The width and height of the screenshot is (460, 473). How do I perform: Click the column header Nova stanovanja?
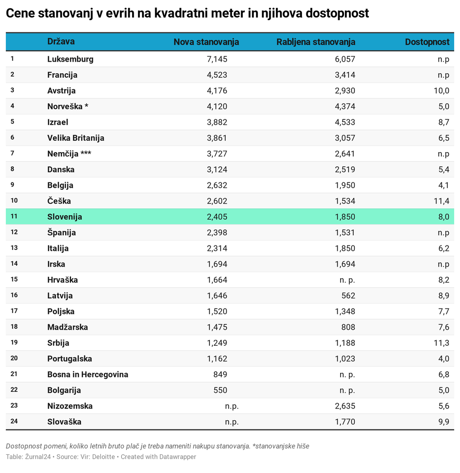click(206, 42)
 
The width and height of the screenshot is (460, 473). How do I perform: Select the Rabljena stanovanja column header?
click(316, 42)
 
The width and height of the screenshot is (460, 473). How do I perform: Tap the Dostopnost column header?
click(427, 42)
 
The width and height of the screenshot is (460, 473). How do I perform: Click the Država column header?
click(61, 42)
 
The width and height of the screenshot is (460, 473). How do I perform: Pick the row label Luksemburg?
click(70, 59)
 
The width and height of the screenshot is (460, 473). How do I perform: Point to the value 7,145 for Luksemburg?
click(217, 59)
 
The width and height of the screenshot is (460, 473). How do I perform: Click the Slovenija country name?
click(65, 217)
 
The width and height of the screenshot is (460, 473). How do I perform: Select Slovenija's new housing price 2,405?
click(217, 217)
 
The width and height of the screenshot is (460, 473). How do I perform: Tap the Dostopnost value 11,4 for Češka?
click(441, 201)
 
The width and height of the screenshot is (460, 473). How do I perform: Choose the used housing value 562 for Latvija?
click(348, 295)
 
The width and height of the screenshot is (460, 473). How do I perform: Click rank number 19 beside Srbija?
click(14, 342)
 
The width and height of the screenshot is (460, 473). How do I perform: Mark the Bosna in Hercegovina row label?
click(88, 374)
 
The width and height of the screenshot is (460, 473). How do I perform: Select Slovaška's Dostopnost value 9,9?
click(443, 422)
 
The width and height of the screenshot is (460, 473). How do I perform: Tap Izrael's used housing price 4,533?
click(345, 122)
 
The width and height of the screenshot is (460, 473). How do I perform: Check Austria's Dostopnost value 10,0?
click(441, 90)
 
